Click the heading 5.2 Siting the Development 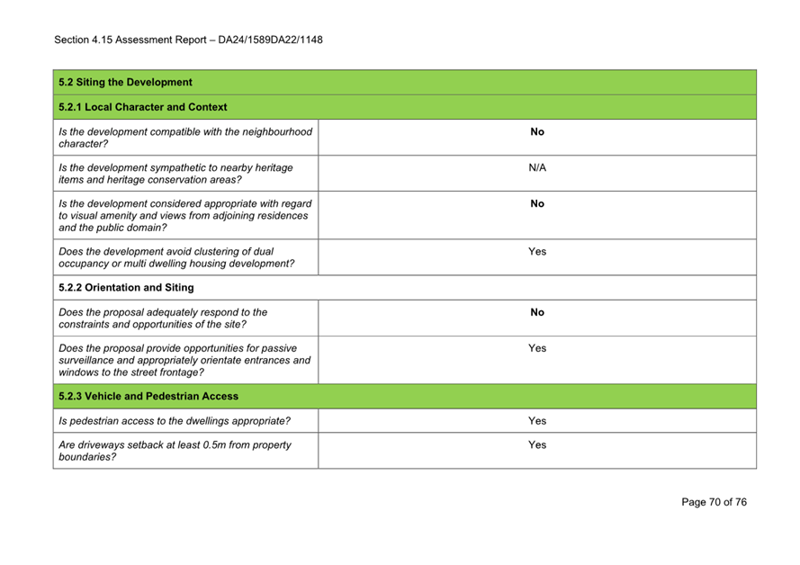point(125,83)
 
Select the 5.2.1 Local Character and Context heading point(142,107)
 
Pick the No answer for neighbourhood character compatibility point(537,132)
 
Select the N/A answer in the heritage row point(537,167)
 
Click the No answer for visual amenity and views point(537,203)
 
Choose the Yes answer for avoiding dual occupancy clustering point(537,252)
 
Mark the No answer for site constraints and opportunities point(537,312)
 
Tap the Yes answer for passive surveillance point(537,348)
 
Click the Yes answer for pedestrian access point(537,420)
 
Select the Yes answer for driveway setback point(537,444)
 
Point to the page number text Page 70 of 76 point(714,502)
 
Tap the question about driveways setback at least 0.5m point(175,450)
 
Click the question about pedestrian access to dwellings point(175,420)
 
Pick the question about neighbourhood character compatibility point(184,138)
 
